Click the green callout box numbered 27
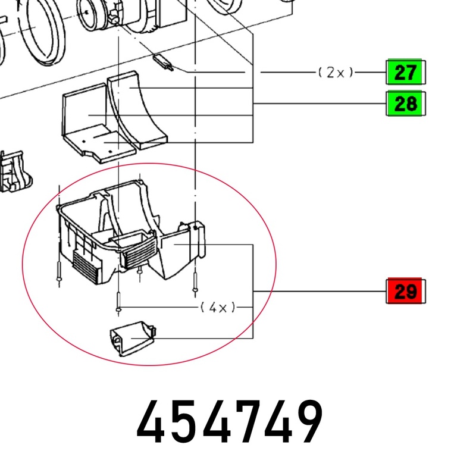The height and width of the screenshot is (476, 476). coord(406,72)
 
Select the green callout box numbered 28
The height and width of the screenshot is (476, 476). coord(406,104)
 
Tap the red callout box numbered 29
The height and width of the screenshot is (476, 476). coord(406,291)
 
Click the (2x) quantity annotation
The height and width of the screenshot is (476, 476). coord(336,73)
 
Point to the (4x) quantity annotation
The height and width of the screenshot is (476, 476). coord(218,308)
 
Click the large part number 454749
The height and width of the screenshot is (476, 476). coord(230,422)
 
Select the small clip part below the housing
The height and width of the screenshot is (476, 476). coord(133,339)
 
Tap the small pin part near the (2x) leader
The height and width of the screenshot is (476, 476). coord(163,62)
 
